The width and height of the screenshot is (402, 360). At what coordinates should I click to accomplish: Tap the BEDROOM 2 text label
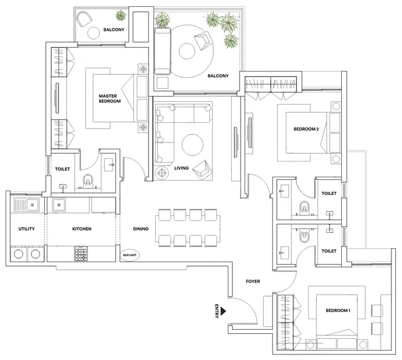tap(306, 129)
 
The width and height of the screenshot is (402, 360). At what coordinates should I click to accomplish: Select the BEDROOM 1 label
tap(338, 311)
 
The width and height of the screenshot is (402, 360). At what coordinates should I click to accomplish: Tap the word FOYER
tap(253, 281)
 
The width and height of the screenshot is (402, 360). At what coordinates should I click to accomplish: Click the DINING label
tap(141, 229)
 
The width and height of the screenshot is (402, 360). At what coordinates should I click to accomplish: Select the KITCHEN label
tap(82, 229)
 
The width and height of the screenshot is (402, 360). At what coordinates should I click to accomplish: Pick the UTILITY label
tap(27, 229)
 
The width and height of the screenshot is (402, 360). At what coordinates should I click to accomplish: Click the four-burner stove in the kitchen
tap(81, 254)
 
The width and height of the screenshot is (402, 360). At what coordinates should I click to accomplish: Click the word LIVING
tap(181, 168)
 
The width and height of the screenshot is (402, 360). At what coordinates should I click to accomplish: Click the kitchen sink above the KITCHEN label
tap(60, 205)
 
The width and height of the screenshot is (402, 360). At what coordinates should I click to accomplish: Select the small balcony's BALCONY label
tap(113, 29)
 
